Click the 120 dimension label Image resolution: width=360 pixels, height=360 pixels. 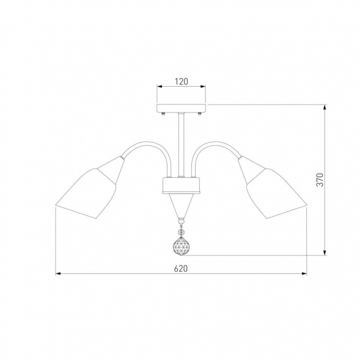click(182, 81)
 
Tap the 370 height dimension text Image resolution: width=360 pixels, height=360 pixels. click(320, 180)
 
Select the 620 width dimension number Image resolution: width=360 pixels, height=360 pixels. click(181, 268)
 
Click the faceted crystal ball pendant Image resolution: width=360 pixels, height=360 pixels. click(181, 246)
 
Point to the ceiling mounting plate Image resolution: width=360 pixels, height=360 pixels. click(182, 108)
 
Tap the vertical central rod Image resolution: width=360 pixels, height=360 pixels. click(181, 145)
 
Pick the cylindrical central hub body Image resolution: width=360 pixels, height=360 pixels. click(181, 185)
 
